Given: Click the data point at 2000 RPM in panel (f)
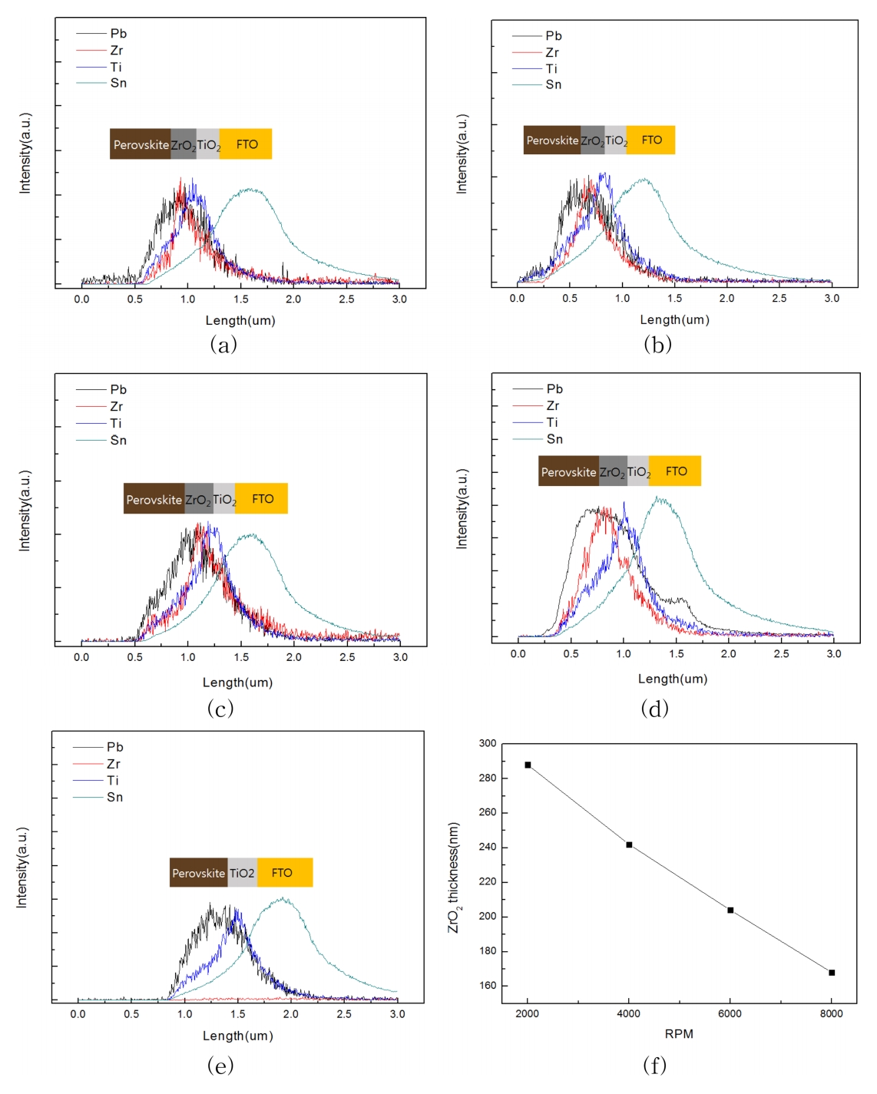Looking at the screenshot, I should [528, 765].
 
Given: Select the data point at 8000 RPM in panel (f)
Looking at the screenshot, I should [832, 973].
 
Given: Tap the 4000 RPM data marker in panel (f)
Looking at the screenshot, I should [629, 844].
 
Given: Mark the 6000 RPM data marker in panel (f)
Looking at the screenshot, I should [730, 910].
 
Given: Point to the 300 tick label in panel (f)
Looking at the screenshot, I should [488, 743].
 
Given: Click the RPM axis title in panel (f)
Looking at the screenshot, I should [679, 1034].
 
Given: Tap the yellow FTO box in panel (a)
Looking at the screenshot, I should [247, 144].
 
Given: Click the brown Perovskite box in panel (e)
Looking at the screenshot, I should [198, 873].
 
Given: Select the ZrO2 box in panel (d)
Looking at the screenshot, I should [612, 472].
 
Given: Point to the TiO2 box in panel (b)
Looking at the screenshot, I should [616, 140].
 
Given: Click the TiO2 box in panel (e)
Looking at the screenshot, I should [242, 873].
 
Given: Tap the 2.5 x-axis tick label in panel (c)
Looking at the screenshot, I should [347, 657].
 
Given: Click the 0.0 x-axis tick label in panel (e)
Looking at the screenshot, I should [78, 1014].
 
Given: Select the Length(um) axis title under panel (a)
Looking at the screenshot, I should [240, 321].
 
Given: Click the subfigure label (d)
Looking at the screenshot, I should [654, 709].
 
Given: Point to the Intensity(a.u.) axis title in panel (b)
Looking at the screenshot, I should [462, 154].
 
